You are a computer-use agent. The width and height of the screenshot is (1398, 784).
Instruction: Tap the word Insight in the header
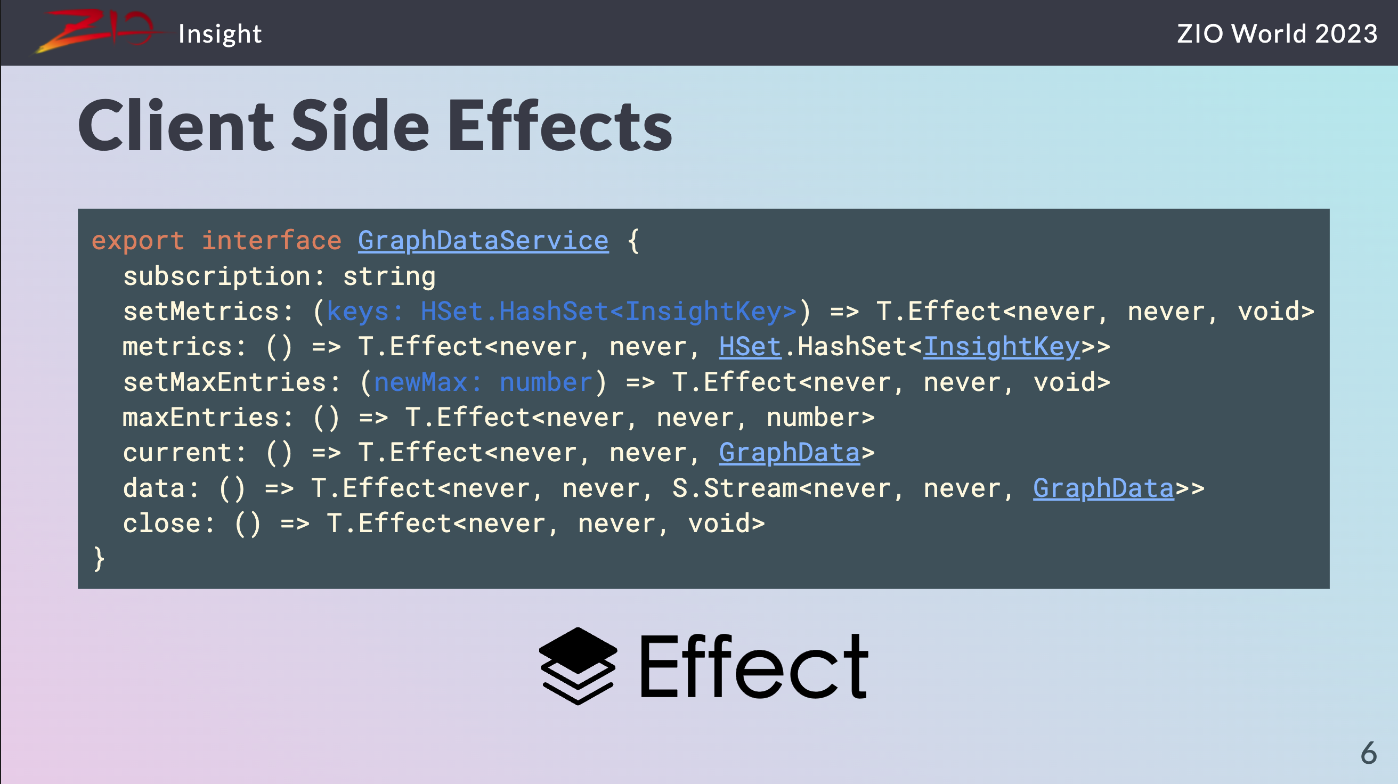pyautogui.click(x=220, y=34)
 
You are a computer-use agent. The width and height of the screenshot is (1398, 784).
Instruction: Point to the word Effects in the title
pyautogui.click(x=559, y=125)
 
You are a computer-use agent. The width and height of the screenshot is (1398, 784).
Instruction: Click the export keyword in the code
pyautogui.click(x=138, y=240)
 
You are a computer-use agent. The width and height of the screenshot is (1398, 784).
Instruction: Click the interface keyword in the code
pyautogui.click(x=271, y=240)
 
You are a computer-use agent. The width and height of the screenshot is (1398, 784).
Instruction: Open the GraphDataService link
pyautogui.click(x=483, y=240)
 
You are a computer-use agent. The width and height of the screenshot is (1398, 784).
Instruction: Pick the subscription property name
pyautogui.click(x=217, y=276)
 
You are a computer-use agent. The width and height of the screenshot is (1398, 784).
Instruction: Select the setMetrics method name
pyautogui.click(x=201, y=312)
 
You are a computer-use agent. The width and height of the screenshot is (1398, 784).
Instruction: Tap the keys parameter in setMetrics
pyautogui.click(x=357, y=312)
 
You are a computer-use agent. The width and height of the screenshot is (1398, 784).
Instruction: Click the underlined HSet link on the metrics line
pyautogui.click(x=750, y=347)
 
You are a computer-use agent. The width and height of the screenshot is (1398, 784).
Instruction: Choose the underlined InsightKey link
pyautogui.click(x=1002, y=347)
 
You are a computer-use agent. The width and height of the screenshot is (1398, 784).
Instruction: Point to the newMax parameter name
pyautogui.click(x=420, y=382)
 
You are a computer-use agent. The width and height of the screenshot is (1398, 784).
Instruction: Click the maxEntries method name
pyautogui.click(x=201, y=417)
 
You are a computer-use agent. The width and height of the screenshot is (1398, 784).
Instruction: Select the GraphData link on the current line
pyautogui.click(x=790, y=453)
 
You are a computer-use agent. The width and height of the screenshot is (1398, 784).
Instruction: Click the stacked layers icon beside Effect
pyautogui.click(x=578, y=666)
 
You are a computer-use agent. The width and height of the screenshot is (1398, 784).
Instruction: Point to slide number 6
pyautogui.click(x=1369, y=753)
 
